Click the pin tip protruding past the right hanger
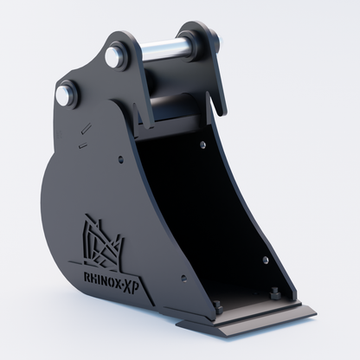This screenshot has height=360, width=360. tap(222, 40)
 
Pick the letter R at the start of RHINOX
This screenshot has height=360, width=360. tap(87, 277)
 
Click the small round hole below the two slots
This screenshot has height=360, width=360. tap(120, 158)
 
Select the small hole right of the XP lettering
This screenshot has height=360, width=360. tap(183, 279)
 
